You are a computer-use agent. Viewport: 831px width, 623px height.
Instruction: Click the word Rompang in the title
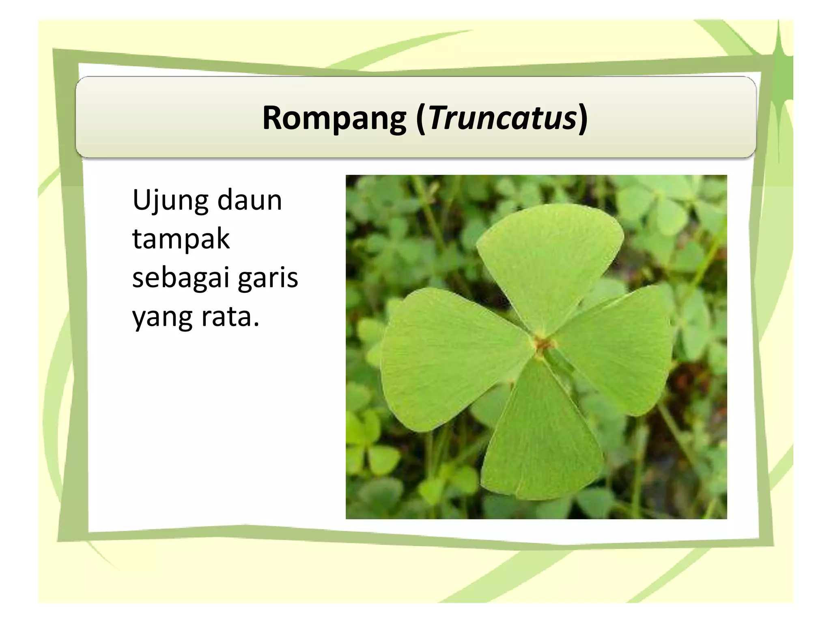(334, 118)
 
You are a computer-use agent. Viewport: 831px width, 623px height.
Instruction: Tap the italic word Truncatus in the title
(503, 118)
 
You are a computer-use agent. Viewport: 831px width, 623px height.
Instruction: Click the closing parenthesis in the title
(583, 118)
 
